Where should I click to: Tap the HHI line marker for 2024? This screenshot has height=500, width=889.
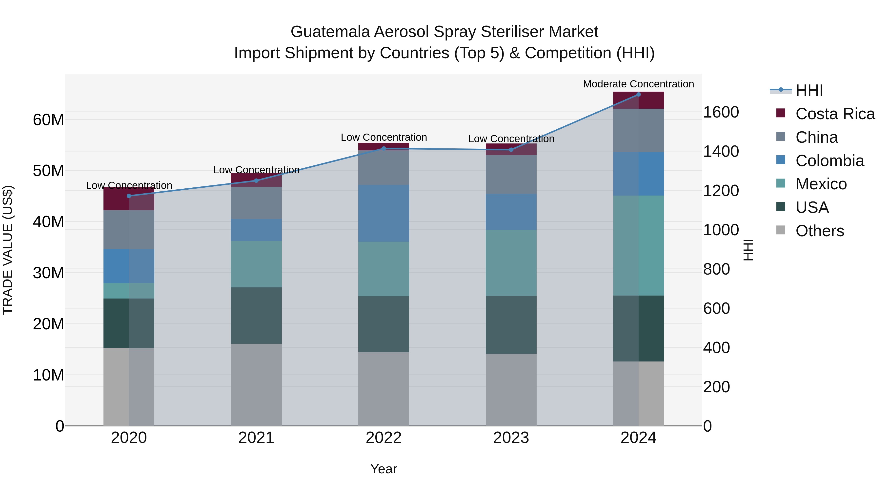pyautogui.click(x=638, y=95)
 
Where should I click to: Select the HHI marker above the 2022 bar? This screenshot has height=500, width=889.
pyautogui.click(x=384, y=149)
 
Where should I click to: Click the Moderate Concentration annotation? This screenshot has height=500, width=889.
pyautogui.click(x=638, y=84)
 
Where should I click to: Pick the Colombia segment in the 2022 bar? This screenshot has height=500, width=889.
pyautogui.click(x=384, y=213)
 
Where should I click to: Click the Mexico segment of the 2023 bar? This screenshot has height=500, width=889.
pyautogui.click(x=511, y=263)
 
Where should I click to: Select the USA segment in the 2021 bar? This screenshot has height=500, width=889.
pyautogui.click(x=256, y=315)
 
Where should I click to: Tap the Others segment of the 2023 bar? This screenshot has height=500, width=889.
pyautogui.click(x=511, y=390)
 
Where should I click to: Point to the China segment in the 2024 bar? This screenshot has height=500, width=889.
pyautogui.click(x=638, y=130)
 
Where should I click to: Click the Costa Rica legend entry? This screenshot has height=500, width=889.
pyautogui.click(x=835, y=114)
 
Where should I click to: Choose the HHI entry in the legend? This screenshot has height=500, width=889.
pyautogui.click(x=809, y=90)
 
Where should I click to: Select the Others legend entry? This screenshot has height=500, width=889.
pyautogui.click(x=820, y=231)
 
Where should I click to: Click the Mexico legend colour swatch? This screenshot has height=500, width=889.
pyautogui.click(x=781, y=183)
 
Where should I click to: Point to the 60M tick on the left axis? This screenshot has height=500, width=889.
pyautogui.click(x=48, y=120)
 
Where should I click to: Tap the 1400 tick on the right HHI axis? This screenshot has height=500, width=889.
pyautogui.click(x=721, y=152)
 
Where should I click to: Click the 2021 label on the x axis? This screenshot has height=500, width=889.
pyautogui.click(x=256, y=438)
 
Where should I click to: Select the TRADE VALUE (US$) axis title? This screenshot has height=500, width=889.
pyautogui.click(x=8, y=250)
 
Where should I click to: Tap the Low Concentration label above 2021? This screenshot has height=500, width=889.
pyautogui.click(x=256, y=170)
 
